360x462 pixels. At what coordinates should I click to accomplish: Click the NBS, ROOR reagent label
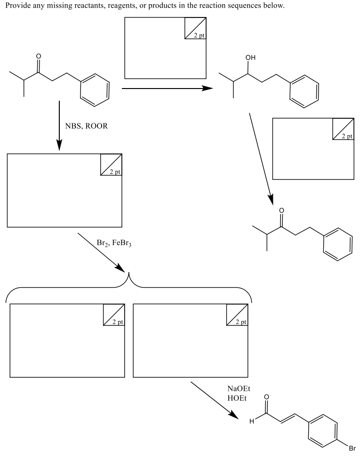coord(86,126)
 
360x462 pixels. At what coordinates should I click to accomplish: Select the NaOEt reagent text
coord(238,389)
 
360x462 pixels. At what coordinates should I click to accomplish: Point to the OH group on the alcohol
coord(251,58)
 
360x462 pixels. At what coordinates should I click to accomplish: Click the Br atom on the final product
coord(352,448)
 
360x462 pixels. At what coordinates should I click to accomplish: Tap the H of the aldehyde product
coord(251,421)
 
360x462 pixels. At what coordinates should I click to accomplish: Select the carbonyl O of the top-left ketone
coord(39,57)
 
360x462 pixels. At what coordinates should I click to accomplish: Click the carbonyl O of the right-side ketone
coord(281,210)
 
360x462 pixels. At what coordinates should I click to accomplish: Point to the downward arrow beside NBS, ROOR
coord(59,125)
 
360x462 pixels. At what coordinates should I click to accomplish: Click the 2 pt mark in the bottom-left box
coord(114,315)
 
